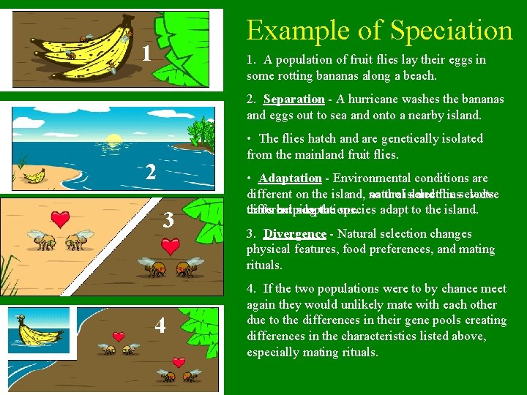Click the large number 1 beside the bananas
tap(146, 53)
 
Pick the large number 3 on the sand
tap(168, 220)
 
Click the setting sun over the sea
tap(114, 138)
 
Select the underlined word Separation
tap(294, 99)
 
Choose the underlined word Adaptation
tap(290, 178)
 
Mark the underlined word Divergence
tap(295, 234)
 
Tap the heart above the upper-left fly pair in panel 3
tap(63, 219)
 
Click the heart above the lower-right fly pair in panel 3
tap(171, 247)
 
